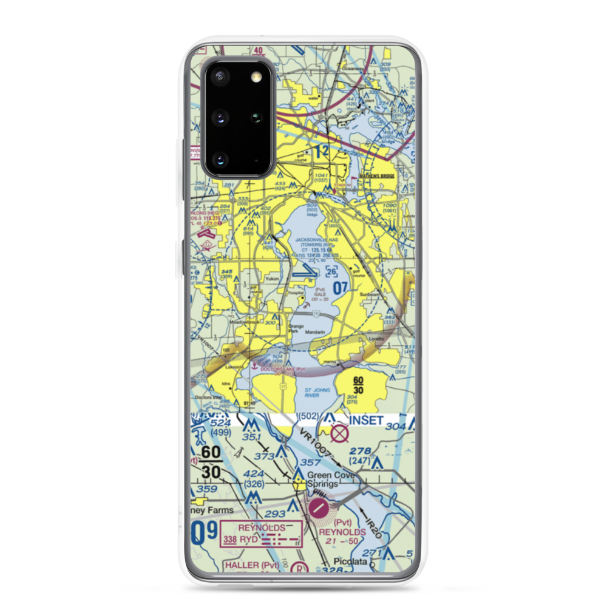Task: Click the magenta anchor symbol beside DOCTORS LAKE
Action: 254,365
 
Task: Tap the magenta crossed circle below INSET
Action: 341,433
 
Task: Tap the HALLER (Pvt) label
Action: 242,566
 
